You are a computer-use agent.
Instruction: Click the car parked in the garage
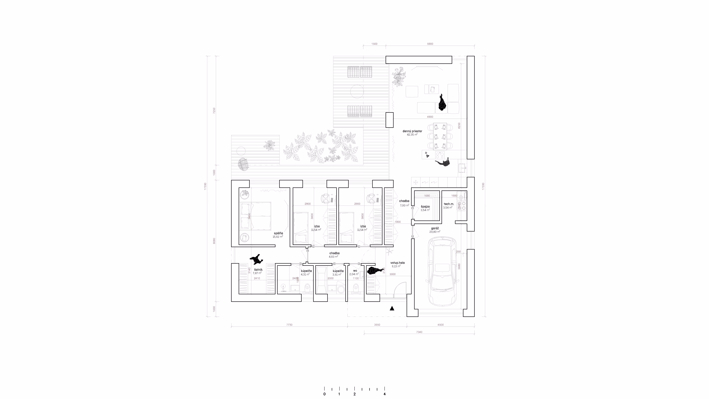coord(443,272)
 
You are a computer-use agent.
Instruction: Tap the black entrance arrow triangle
coord(392,308)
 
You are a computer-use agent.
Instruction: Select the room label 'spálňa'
coord(278,233)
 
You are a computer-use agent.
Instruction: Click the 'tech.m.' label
coord(449,204)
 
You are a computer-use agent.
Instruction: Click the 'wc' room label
coord(355,271)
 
